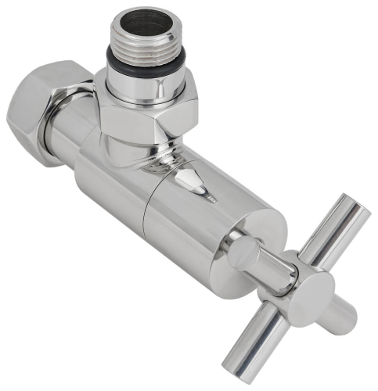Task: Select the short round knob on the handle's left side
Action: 242,253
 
